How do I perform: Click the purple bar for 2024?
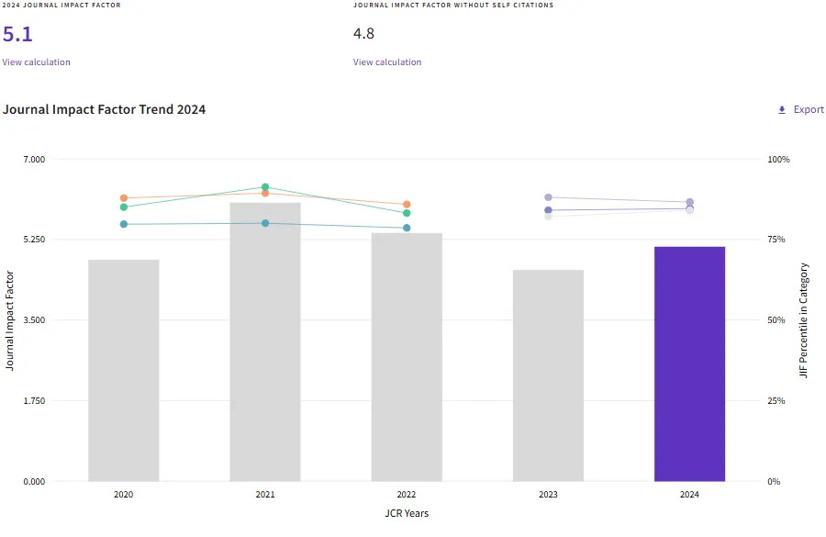689,364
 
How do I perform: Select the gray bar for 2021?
265,341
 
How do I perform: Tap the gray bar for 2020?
124,370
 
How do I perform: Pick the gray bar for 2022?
407,357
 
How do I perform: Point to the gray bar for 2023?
548,375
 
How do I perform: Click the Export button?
801,109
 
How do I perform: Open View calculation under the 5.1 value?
36,62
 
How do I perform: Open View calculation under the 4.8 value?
387,62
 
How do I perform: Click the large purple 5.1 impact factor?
17,35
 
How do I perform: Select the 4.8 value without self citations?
363,34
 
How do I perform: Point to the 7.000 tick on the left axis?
33,160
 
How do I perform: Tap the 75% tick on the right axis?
776,240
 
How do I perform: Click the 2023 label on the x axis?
548,495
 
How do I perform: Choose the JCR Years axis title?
407,513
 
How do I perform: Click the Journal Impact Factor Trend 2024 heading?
104,109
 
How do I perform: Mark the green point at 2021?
265,187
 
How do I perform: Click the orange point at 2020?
124,198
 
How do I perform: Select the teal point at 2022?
407,228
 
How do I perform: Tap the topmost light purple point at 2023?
548,197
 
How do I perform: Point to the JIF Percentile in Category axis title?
804,320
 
